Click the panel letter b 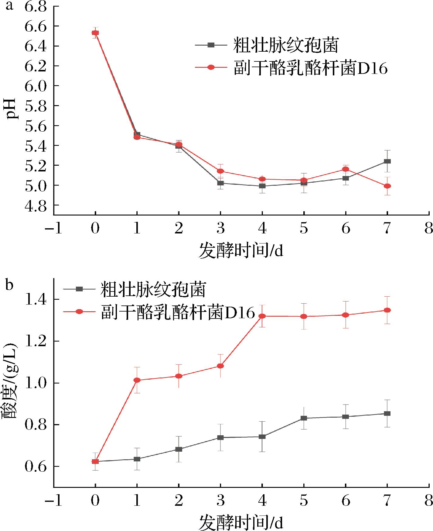[x=9, y=285]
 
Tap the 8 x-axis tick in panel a [x=428, y=228]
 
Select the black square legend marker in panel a [x=211, y=45]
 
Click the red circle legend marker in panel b [x=79, y=311]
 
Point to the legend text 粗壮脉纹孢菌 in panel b [x=153, y=290]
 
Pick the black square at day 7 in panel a [x=387, y=161]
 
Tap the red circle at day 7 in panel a [x=387, y=186]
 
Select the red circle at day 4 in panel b [x=262, y=316]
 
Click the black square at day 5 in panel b [x=304, y=418]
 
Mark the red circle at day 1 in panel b [x=137, y=380]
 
